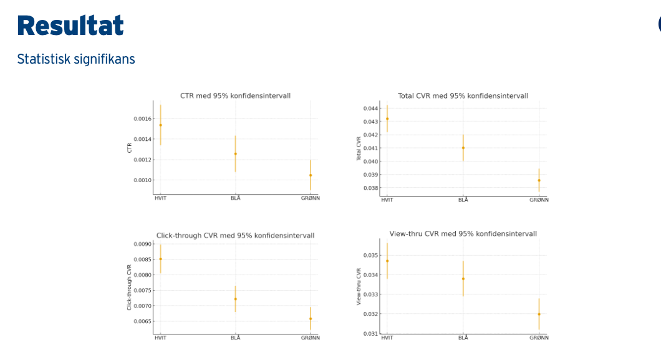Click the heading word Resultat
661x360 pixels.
point(70,26)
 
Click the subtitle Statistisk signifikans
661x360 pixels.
point(76,59)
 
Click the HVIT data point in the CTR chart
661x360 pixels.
point(160,125)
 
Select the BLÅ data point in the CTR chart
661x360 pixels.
point(235,153)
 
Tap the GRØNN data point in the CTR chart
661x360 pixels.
point(310,175)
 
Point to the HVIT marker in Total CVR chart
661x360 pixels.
point(387,119)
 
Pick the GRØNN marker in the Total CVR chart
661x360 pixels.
point(539,180)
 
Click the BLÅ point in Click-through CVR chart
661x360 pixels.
point(235,299)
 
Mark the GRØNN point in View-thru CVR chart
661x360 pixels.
point(539,314)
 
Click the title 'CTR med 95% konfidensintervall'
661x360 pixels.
point(235,95)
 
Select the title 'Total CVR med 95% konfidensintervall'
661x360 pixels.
point(463,95)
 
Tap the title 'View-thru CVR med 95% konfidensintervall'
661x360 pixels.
point(463,234)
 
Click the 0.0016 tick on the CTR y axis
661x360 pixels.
point(142,119)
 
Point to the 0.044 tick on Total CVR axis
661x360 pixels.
point(370,109)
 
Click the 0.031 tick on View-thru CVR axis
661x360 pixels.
point(370,334)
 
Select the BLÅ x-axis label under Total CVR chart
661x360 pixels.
point(463,200)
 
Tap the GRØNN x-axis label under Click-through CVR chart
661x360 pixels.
point(310,338)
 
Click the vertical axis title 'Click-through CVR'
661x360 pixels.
point(129,287)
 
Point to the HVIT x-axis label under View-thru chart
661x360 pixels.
point(387,338)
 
